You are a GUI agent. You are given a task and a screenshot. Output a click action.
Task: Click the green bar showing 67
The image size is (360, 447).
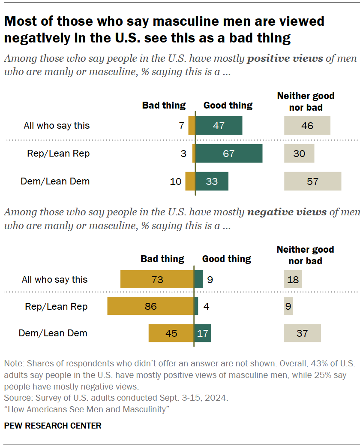(229, 153)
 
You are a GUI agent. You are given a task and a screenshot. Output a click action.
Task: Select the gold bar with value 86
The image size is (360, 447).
(150, 306)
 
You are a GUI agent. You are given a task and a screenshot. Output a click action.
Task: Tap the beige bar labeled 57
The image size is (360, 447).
(312, 181)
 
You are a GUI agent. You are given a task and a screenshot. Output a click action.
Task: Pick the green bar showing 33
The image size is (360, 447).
(212, 181)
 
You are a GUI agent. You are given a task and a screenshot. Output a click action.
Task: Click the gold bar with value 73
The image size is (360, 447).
(157, 279)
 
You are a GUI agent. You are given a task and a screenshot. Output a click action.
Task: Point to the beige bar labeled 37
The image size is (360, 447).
(302, 333)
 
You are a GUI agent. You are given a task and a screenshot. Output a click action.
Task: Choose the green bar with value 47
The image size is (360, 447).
(219, 126)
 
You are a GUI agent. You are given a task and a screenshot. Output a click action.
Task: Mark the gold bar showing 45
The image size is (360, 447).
(171, 333)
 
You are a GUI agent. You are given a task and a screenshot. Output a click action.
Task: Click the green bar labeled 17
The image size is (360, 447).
(202, 333)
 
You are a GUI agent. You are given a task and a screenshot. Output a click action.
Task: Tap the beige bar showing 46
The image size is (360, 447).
(307, 126)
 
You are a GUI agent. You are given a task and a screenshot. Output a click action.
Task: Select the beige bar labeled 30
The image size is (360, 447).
(299, 153)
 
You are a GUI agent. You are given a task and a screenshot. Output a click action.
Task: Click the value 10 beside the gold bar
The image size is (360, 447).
(176, 181)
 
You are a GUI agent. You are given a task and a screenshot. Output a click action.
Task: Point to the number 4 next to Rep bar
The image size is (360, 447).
(206, 306)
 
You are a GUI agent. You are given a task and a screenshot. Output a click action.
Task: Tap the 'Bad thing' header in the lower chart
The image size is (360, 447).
(162, 259)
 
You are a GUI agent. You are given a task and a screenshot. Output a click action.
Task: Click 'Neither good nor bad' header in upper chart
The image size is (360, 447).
(306, 101)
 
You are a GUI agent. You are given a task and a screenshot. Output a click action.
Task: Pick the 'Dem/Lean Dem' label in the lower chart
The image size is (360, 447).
(53, 333)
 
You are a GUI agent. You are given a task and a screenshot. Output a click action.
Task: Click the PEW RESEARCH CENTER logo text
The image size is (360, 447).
(53, 426)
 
